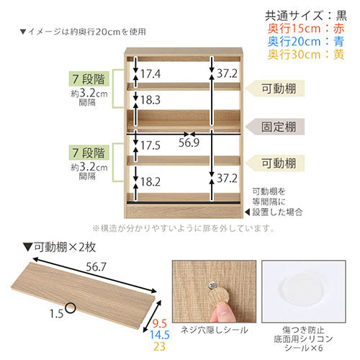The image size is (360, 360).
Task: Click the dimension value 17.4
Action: click(150, 73)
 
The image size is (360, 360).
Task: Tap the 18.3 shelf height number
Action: click(150, 100)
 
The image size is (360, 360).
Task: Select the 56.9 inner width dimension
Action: click(189, 143)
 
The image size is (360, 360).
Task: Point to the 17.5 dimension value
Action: click(150, 145)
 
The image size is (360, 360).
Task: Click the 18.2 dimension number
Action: click(150, 181)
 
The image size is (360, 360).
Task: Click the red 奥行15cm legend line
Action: click(306, 29)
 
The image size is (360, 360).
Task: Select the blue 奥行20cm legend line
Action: click(306, 42)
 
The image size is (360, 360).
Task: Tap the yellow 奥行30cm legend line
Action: click(306, 55)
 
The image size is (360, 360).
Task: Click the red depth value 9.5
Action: click(160, 324)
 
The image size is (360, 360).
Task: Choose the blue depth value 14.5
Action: click(160, 335)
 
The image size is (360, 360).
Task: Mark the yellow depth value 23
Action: click(160, 346)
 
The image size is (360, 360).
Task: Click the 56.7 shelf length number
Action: click(96, 267)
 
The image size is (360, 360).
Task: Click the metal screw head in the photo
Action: click(212, 285)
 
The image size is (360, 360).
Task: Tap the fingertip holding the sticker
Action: click(221, 312)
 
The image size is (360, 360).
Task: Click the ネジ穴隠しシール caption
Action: click(215, 330)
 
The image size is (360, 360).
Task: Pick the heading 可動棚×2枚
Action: click(59, 247)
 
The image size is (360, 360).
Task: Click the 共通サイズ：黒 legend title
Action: click(306, 16)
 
